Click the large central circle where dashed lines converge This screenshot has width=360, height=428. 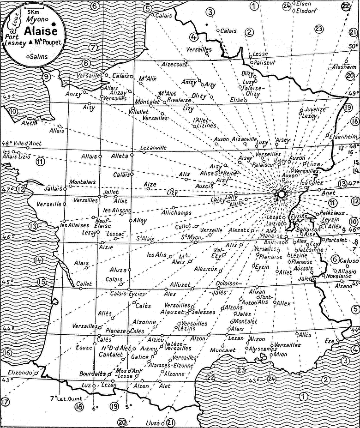pos(281,195)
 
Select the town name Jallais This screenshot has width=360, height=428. pos(51,188)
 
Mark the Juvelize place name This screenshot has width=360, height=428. pos(312,109)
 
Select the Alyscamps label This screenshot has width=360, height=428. pos(263,349)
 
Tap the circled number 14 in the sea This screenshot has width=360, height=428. pos(38,260)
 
